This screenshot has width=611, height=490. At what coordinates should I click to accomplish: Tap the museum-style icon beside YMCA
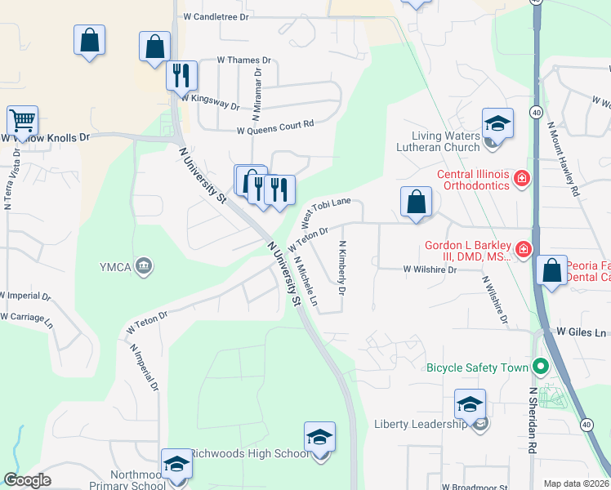click(x=144, y=265)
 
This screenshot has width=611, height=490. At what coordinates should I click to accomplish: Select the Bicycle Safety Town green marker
click(x=539, y=367)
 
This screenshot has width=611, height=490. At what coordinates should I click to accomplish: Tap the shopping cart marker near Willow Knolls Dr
click(x=23, y=121)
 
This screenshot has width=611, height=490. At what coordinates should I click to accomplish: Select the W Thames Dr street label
click(x=243, y=60)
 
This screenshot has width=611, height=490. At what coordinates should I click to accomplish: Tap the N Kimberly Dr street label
click(x=341, y=268)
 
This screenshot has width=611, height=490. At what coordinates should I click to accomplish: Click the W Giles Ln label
click(x=582, y=332)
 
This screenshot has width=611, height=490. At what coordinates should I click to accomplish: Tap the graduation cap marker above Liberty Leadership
click(x=470, y=404)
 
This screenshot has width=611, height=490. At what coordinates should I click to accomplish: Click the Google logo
click(x=28, y=479)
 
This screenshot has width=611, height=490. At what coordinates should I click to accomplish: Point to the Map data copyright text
click(x=575, y=483)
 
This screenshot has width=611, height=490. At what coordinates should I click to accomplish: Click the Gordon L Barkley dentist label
click(x=468, y=251)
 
